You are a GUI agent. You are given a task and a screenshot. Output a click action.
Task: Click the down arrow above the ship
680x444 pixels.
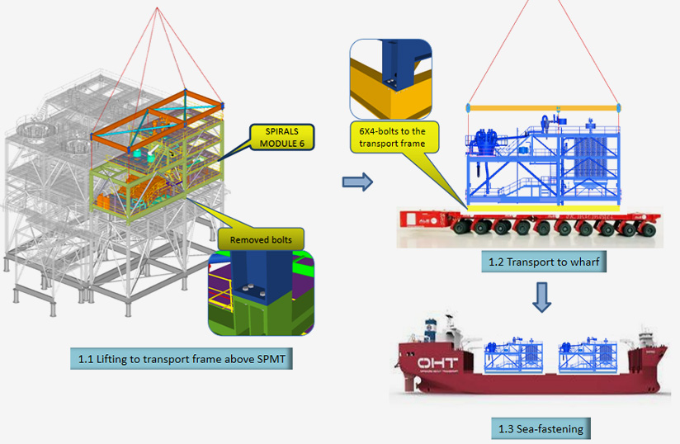542,298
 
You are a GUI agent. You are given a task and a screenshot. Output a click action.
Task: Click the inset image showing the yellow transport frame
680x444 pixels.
391,79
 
